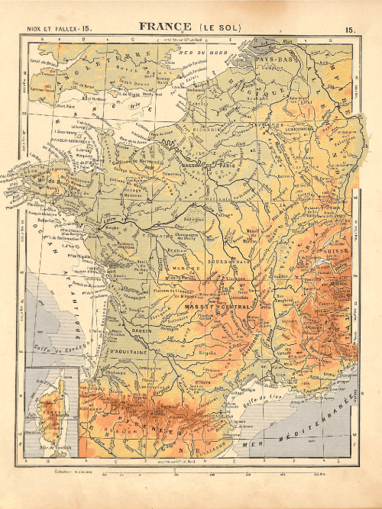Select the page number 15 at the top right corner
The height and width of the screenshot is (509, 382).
pyautogui.click(x=350, y=29)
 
